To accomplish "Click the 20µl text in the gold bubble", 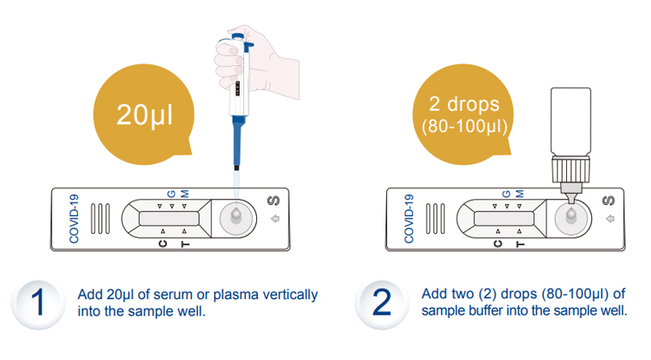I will point(145,115).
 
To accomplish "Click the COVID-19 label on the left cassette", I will point(73,219).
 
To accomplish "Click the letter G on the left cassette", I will point(170,195).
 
